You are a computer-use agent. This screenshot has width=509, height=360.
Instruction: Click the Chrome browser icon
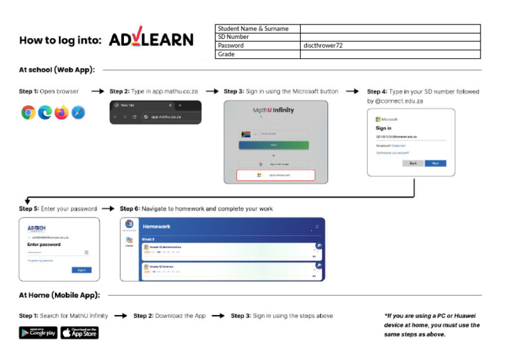click(x=28, y=113)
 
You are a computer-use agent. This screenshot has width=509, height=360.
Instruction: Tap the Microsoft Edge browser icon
click(x=45, y=113)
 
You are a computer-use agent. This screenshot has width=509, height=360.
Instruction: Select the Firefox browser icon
click(x=62, y=113)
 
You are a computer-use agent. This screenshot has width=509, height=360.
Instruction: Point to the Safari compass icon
click(x=78, y=113)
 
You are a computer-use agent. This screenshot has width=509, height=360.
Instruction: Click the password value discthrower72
click(x=323, y=46)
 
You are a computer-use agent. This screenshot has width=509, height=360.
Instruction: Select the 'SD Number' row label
click(x=233, y=37)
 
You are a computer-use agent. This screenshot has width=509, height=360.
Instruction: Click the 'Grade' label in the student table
click(x=227, y=54)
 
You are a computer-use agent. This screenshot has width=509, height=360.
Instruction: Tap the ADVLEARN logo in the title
click(x=151, y=40)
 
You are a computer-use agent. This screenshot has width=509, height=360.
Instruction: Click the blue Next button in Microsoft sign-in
click(x=435, y=162)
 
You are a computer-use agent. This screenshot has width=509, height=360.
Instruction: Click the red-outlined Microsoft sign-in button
click(x=276, y=176)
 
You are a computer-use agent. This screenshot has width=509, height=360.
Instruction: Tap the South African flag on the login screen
click(x=247, y=134)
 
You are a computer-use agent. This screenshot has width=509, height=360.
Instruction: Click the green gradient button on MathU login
click(x=274, y=145)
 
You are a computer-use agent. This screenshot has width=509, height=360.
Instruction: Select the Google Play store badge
click(x=38, y=332)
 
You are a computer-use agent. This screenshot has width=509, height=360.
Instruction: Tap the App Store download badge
click(x=80, y=332)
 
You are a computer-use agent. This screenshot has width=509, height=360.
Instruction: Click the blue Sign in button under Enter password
click(x=82, y=270)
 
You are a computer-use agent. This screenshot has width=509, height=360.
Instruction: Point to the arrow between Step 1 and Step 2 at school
click(x=97, y=91)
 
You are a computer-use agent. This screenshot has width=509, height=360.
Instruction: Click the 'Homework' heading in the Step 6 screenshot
click(x=156, y=226)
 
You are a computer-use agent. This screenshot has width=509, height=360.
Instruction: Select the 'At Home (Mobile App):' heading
click(x=59, y=296)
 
